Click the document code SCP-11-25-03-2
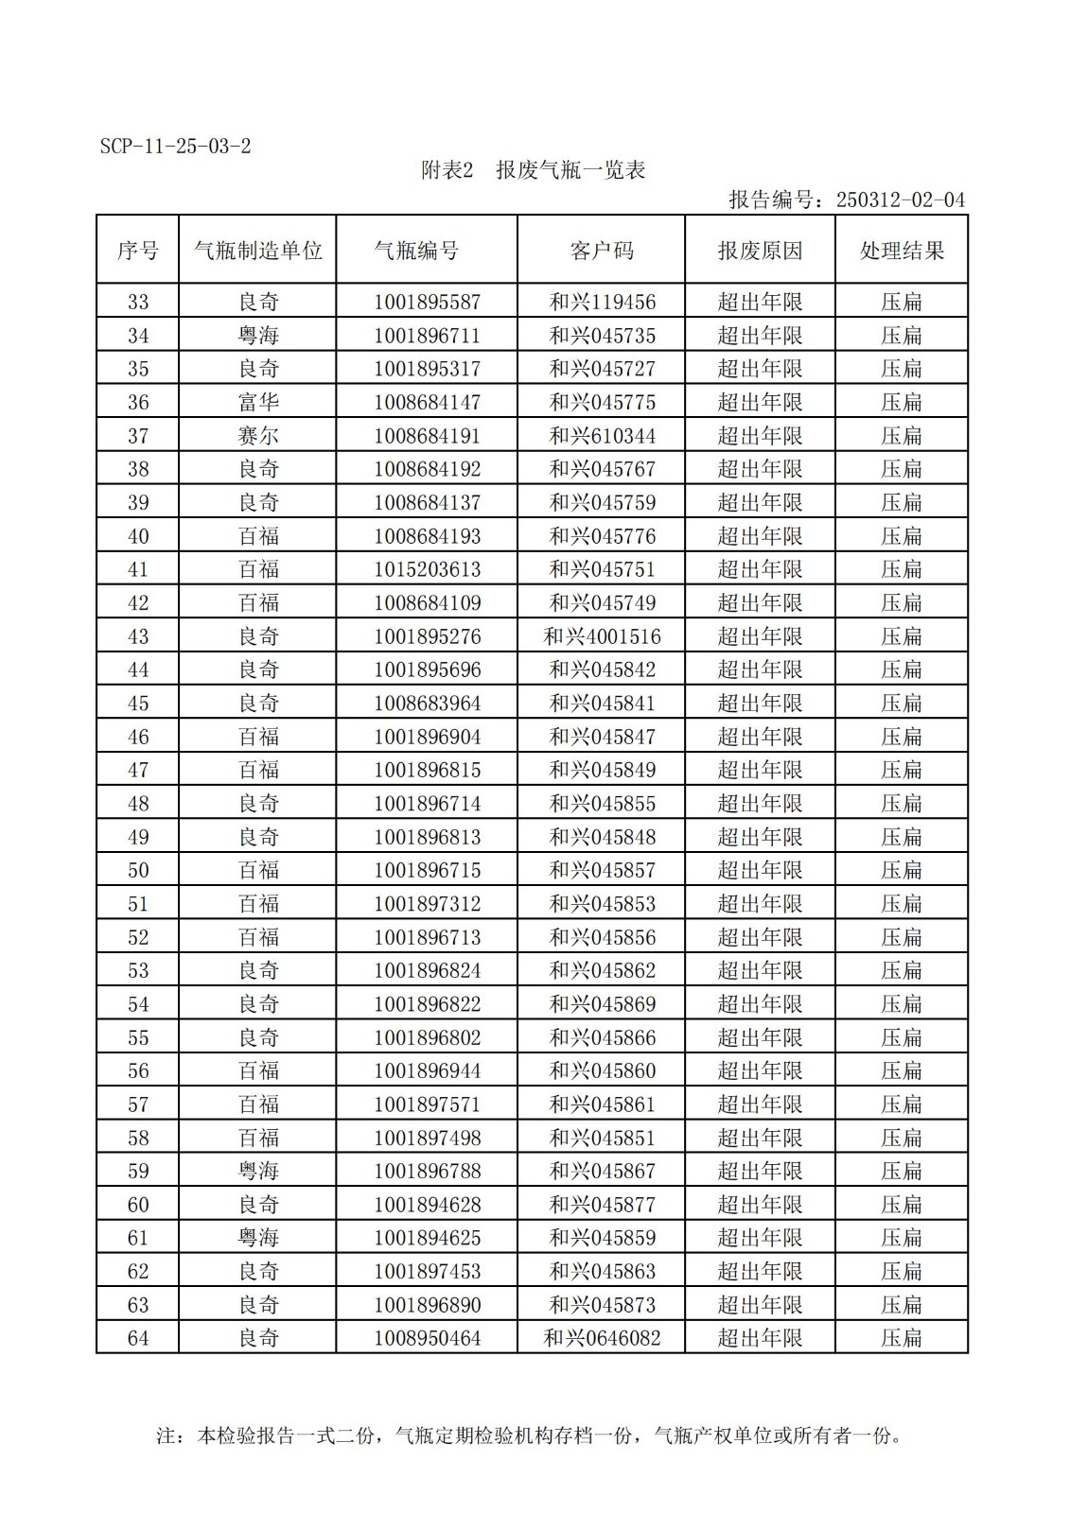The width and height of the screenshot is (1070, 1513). (x=176, y=147)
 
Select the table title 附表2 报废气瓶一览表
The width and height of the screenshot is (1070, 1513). (x=533, y=170)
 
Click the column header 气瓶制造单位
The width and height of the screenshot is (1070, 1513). (x=257, y=251)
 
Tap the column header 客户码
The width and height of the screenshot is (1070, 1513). (x=601, y=251)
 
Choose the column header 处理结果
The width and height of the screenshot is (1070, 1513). (x=902, y=251)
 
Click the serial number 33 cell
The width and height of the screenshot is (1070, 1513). (x=138, y=303)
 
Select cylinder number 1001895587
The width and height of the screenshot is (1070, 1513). (x=427, y=303)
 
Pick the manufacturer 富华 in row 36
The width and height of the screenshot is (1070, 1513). (x=258, y=403)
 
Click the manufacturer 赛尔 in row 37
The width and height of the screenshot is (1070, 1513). (x=258, y=436)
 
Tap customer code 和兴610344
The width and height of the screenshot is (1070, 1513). (x=602, y=436)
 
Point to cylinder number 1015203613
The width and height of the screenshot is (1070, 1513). (x=427, y=569)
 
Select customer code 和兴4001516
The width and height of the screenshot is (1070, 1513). (x=602, y=636)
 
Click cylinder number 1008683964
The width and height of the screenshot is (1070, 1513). (x=427, y=704)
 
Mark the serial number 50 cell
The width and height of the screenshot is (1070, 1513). (x=138, y=870)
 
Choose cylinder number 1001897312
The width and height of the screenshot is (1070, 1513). (x=427, y=904)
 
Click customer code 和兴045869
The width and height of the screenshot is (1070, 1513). (x=602, y=1004)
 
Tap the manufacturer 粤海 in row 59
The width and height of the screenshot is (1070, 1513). (x=258, y=1171)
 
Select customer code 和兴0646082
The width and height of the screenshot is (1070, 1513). (x=602, y=1338)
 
